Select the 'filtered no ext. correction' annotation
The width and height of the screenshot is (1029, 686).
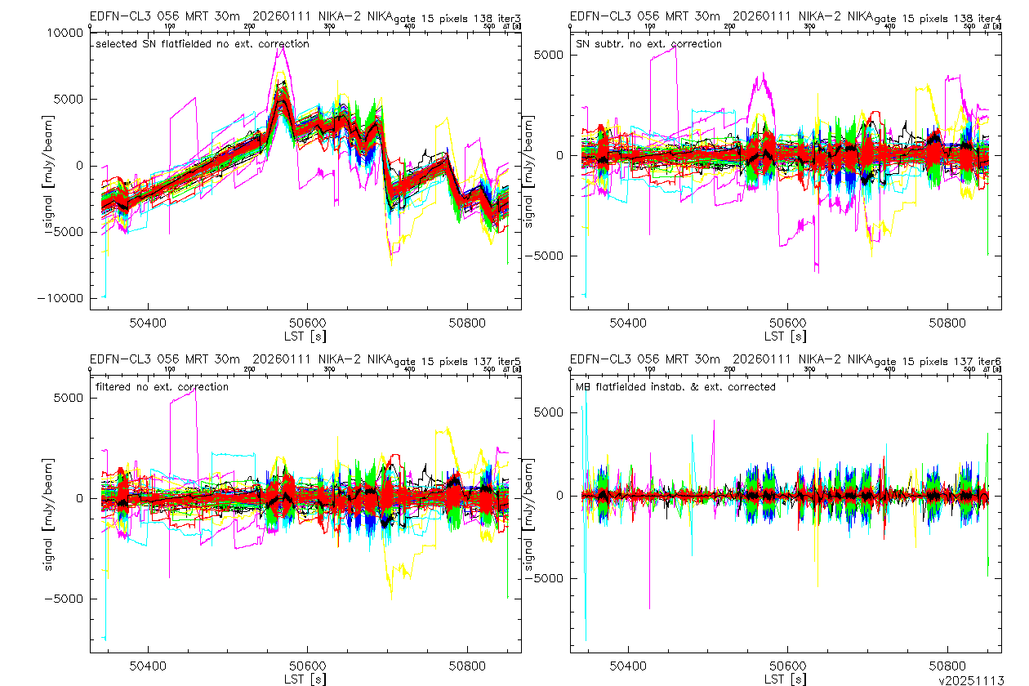163,387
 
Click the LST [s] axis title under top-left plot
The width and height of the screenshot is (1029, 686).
305,336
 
